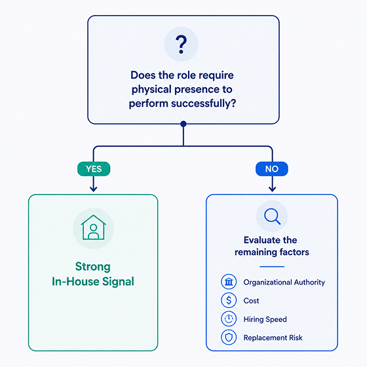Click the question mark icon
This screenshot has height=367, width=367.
tap(181, 45)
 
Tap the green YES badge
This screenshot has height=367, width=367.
tap(94, 169)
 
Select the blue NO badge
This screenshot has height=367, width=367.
tap(272, 169)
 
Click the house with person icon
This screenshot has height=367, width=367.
tap(93, 227)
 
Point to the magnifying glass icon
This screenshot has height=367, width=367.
tap(272, 216)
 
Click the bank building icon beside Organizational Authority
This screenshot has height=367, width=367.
tap(229, 282)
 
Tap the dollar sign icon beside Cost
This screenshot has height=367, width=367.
tap(229, 300)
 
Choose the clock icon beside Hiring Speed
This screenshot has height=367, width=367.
tap(229, 319)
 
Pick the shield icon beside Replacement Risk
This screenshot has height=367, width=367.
tap(229, 338)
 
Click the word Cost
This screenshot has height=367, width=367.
tap(251, 301)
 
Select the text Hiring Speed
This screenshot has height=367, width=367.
tap(265, 320)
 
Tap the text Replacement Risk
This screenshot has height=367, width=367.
tap(273, 338)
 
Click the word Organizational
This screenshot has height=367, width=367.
tap(267, 282)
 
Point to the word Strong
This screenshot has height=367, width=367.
tap(93, 267)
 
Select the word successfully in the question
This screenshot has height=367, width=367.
tap(203, 104)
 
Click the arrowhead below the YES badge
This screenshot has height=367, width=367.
tap(93, 189)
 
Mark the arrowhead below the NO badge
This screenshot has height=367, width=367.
tap(272, 189)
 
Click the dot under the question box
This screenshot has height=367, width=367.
tap(183, 124)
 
